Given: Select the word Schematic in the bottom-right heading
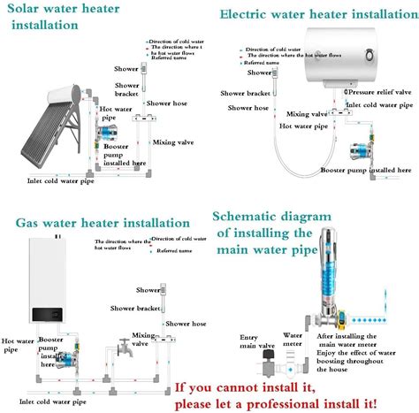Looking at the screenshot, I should click(250, 216).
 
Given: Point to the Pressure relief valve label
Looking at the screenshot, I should click(380, 92).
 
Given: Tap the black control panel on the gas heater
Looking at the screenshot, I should click(49, 314).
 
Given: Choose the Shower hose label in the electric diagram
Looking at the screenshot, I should click(248, 108).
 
